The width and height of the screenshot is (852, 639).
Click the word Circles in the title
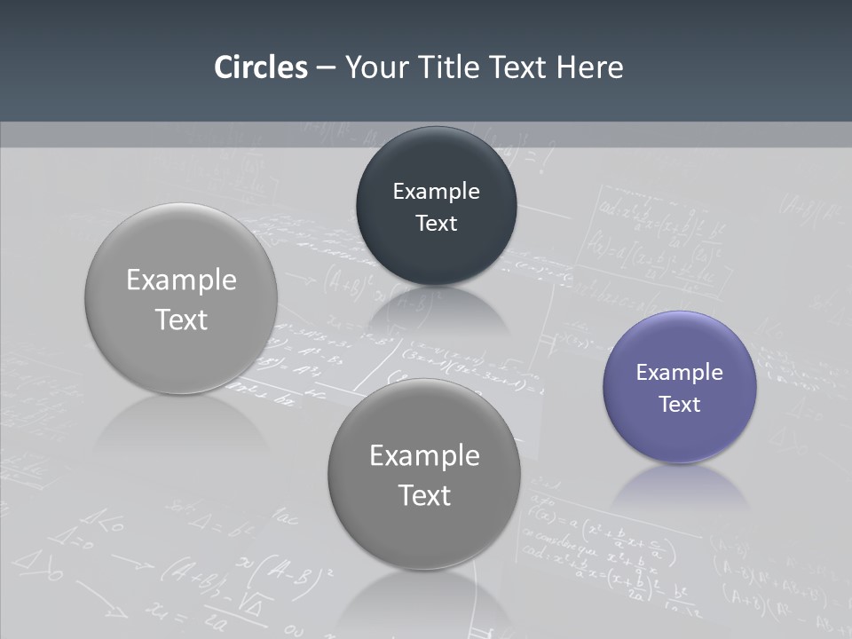[260, 67]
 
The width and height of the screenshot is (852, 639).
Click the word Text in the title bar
[520, 67]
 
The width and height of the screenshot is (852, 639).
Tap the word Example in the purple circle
[680, 373]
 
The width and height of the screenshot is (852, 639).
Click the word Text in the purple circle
[680, 405]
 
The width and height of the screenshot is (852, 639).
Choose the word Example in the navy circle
[436, 192]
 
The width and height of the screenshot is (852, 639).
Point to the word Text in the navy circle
[436, 224]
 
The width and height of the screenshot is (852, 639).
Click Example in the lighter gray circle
[181, 280]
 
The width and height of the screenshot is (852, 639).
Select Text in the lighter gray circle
[181, 319]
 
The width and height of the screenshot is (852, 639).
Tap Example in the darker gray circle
[424, 456]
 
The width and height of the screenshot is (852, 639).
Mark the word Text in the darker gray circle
[424, 495]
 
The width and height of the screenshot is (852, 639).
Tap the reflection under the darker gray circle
[424, 595]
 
